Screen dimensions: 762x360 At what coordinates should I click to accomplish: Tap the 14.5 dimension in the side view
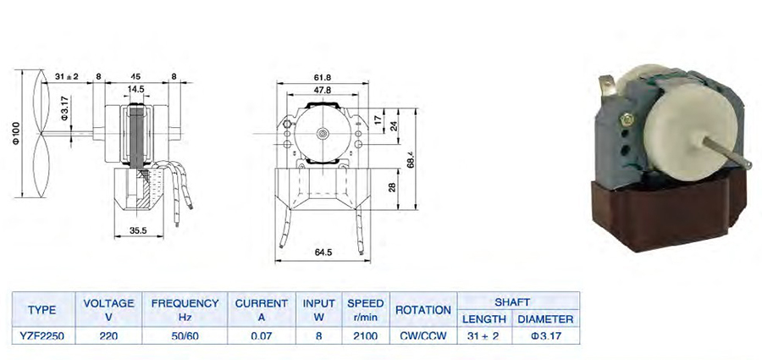(135, 90)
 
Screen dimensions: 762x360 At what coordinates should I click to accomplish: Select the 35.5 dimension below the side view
(139, 231)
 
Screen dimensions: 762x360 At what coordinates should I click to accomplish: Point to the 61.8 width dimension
(323, 77)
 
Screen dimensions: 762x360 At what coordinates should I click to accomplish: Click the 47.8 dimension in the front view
(323, 90)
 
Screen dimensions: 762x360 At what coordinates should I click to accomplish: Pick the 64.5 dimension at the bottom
(323, 252)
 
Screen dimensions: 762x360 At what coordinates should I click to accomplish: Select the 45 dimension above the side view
(135, 76)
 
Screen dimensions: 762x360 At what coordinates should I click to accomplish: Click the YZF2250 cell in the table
(43, 335)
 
